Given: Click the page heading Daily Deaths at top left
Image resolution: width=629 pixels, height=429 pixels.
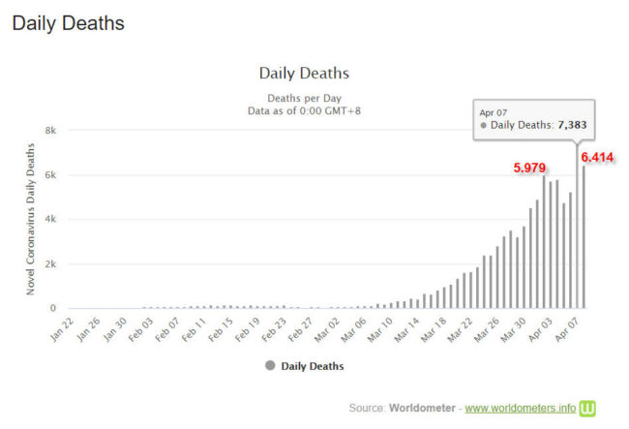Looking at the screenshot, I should (x=68, y=23).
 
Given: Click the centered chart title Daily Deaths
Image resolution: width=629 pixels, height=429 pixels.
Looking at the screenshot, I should (x=304, y=74).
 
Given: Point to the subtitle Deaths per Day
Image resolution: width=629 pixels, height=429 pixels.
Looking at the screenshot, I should (x=304, y=98).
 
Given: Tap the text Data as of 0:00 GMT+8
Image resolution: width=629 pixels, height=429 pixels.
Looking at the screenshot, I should (x=304, y=111).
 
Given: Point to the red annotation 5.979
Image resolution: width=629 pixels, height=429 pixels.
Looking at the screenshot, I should (x=530, y=167).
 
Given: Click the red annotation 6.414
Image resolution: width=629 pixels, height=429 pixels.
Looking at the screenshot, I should (x=597, y=157).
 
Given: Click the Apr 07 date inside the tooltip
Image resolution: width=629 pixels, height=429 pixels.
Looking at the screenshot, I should (x=494, y=112).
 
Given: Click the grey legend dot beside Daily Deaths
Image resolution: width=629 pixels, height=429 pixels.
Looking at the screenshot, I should (x=269, y=366).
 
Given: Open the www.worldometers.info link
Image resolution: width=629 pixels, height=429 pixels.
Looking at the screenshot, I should (x=521, y=407).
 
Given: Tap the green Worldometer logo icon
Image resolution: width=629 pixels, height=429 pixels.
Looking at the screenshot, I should (x=588, y=407).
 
